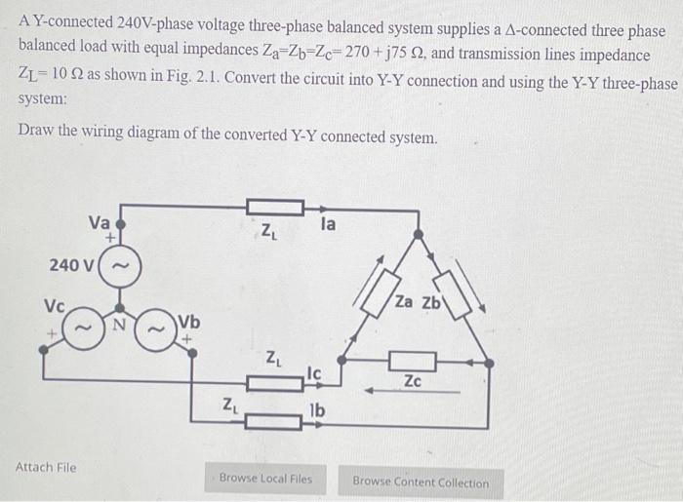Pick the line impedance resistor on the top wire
(x=273, y=207)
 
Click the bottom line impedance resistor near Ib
(x=273, y=421)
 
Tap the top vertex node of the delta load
(x=417, y=235)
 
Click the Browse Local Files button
(x=265, y=479)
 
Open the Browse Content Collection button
(x=420, y=482)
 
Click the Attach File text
(x=46, y=468)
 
